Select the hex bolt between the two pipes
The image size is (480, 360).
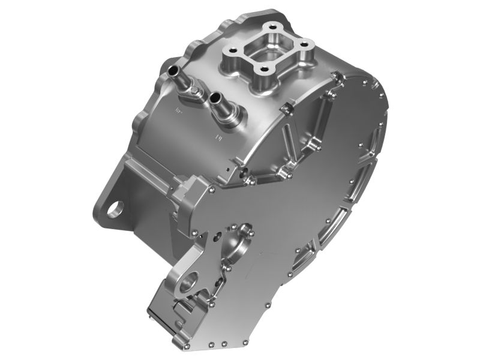click(193, 92)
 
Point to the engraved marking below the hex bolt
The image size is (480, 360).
click(178, 110)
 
